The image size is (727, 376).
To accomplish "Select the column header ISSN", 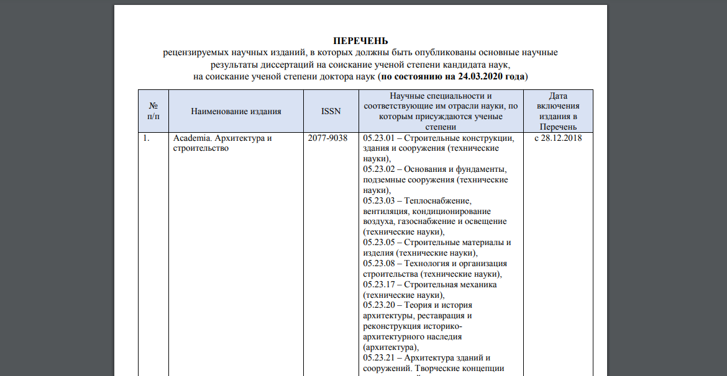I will pyautogui.click(x=331, y=112).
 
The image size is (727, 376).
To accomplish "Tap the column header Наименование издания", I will pyautogui.click(x=236, y=112).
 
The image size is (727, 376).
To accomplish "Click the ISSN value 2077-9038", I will pyautogui.click(x=327, y=138).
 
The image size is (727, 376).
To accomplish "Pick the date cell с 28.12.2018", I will pyautogui.click(x=558, y=138).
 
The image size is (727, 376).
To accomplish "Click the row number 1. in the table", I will pyautogui.click(x=147, y=138).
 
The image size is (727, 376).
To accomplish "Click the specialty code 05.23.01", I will pyautogui.click(x=379, y=138).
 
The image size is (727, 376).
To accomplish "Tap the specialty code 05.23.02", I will pyautogui.click(x=379, y=169).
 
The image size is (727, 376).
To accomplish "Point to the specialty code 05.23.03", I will pyautogui.click(x=379, y=200).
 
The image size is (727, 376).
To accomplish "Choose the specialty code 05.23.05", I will pyautogui.click(x=379, y=243).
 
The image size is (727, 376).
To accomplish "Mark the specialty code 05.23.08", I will pyautogui.click(x=379, y=264).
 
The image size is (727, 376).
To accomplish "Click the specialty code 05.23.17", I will pyautogui.click(x=379, y=284).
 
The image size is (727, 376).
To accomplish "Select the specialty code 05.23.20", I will pyautogui.click(x=379, y=305).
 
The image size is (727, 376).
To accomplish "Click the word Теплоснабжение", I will pyautogui.click(x=438, y=200).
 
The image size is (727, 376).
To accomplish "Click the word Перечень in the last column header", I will pyautogui.click(x=558, y=127).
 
